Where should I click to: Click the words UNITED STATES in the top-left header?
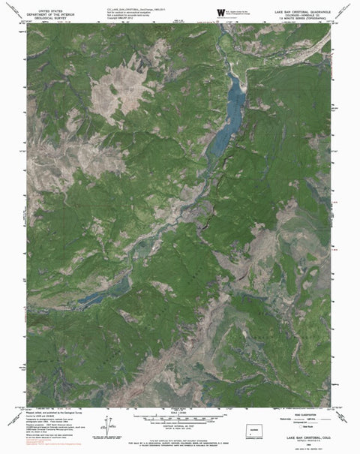point(46,7)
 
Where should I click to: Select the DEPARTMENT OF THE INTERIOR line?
point(46,11)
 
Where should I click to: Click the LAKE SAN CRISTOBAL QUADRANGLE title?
point(303,6)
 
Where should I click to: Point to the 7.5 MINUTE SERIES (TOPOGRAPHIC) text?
point(303,17)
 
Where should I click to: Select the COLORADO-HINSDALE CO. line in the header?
point(303,11)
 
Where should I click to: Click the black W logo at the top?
point(220,11)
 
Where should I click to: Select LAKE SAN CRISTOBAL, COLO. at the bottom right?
point(303,439)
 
